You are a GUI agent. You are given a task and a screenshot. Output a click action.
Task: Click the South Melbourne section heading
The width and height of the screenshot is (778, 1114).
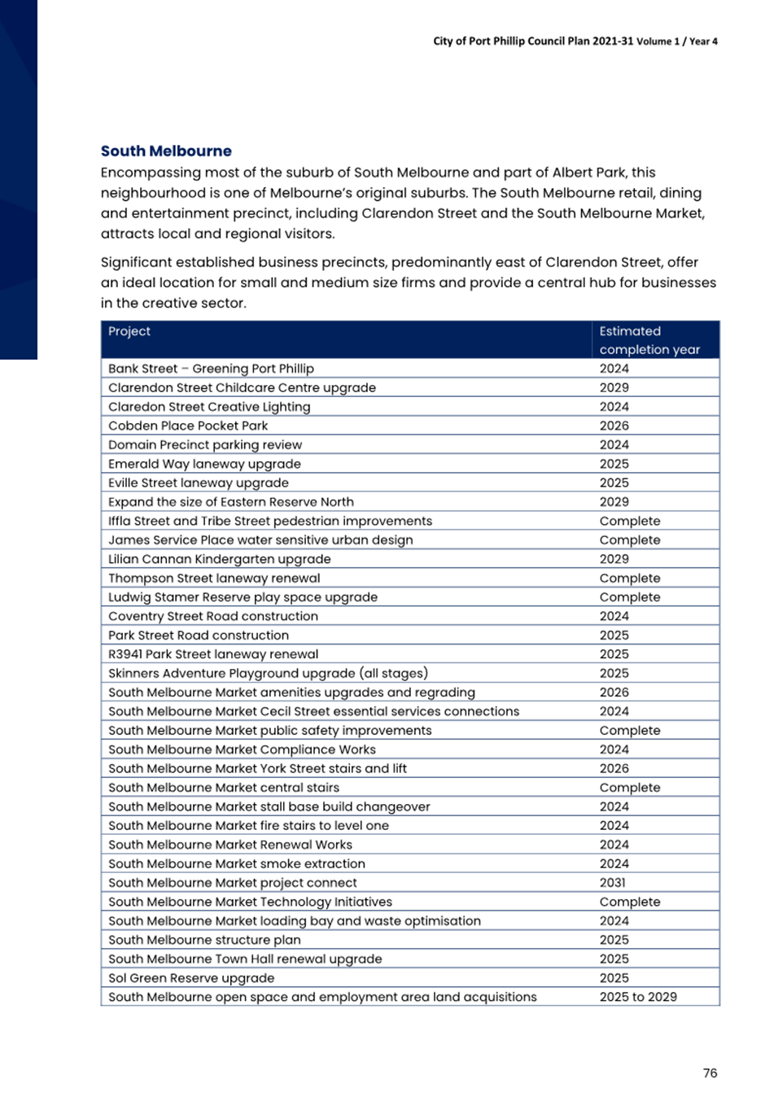coord(166,151)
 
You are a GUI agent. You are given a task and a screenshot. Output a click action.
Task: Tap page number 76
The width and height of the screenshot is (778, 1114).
coord(710,1073)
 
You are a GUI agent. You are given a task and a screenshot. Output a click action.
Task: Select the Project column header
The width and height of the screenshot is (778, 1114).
coord(129,331)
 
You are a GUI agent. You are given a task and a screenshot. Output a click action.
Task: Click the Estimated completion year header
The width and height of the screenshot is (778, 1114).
coord(649,340)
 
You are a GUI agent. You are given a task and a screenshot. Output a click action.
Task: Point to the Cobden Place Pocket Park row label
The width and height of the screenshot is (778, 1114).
coord(188,426)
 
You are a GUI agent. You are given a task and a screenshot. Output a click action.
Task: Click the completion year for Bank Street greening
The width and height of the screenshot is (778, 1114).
coord(614,369)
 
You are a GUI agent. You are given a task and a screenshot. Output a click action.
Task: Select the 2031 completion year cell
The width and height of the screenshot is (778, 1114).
coord(613,883)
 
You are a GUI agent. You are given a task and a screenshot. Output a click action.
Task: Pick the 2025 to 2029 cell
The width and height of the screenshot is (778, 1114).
coord(638,997)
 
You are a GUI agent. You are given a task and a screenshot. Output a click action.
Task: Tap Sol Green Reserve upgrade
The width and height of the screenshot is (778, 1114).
coord(191,978)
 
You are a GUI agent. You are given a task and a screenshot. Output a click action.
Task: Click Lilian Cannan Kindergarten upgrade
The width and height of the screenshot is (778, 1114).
coord(220,559)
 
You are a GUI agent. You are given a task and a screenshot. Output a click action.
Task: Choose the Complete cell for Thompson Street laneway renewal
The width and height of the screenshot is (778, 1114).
coord(630,579)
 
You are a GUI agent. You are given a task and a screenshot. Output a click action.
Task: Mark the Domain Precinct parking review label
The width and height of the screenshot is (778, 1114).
coord(205,445)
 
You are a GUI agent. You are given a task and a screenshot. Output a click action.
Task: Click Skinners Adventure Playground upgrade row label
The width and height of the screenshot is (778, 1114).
coord(268,674)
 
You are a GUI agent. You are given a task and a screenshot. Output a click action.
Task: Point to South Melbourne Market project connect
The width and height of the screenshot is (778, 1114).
coord(233,883)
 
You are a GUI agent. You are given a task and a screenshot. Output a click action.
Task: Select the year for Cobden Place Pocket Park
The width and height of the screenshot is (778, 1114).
coord(614,426)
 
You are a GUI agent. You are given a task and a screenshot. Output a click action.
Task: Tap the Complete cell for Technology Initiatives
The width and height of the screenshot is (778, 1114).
coord(630,902)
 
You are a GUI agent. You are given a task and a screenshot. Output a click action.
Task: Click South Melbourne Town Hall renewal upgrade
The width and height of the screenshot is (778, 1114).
coord(245,959)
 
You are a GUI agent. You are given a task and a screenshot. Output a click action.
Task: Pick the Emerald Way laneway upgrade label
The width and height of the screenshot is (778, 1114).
coord(204,464)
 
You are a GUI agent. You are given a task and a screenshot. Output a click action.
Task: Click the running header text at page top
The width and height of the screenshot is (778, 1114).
coord(575,42)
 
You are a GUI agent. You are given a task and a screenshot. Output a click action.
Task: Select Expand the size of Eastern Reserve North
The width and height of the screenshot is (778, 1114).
coord(231,502)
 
